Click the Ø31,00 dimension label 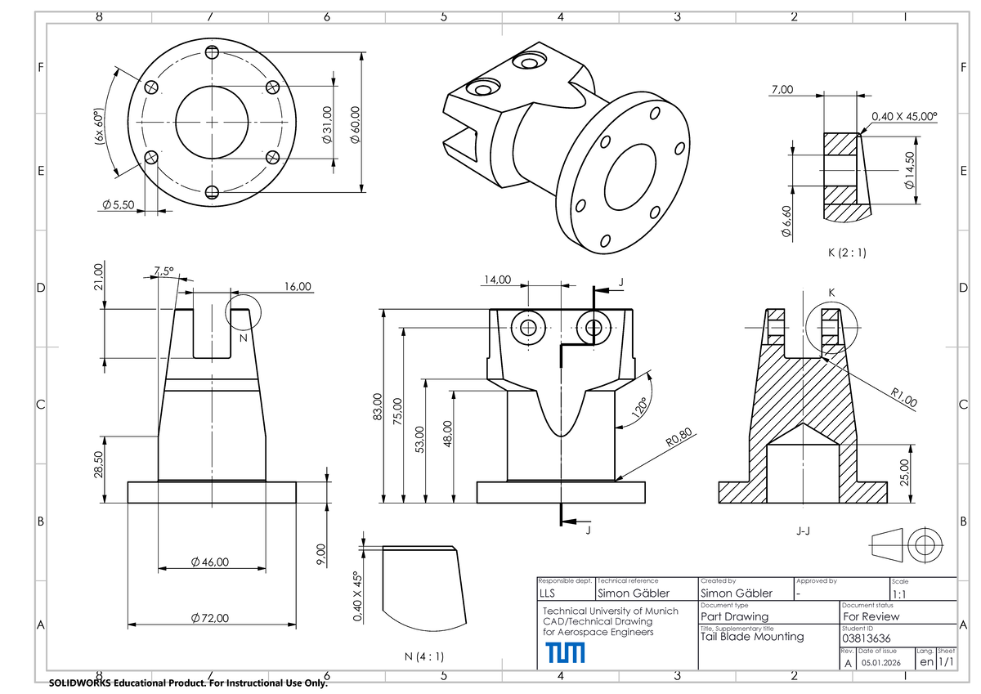(326, 126)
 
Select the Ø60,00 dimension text (353, 128)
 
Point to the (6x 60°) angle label (97, 128)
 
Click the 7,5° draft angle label (163, 272)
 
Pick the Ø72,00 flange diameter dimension (210, 617)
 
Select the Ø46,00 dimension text (210, 562)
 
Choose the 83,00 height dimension (377, 406)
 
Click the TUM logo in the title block (565, 652)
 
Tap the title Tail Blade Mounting (751, 636)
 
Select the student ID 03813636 (867, 638)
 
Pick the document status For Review (871, 616)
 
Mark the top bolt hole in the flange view (213, 52)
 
